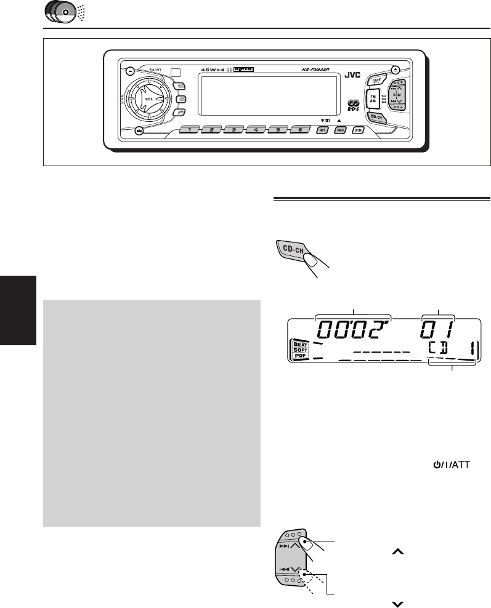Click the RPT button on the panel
pos(322,130)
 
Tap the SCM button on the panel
pos(358,130)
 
